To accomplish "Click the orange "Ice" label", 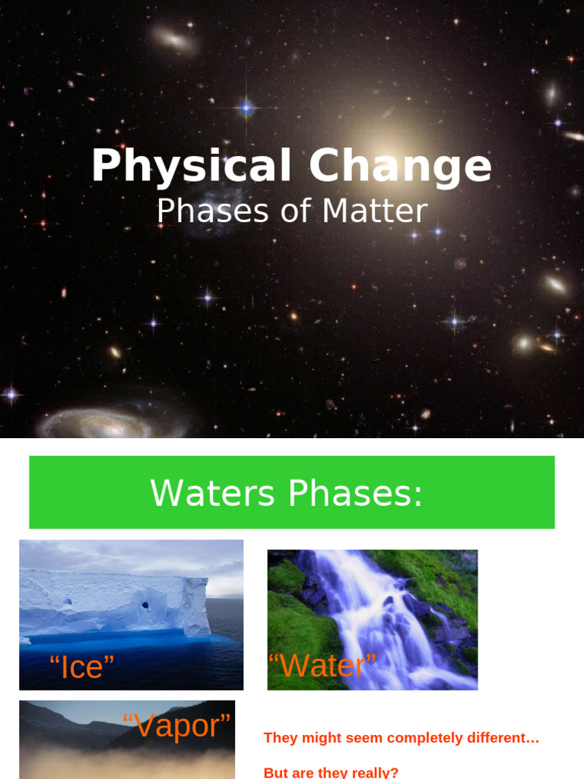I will click(x=81, y=667).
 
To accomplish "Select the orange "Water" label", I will click(x=322, y=666).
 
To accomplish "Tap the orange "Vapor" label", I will click(x=176, y=726).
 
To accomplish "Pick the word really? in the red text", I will click(x=372, y=772).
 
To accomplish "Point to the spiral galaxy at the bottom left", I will click(x=95, y=424).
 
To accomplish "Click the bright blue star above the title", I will click(x=246, y=108).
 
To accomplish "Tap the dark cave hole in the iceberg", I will click(x=144, y=606).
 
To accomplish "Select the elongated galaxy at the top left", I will click(x=174, y=39).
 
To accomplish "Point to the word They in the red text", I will click(x=280, y=738).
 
